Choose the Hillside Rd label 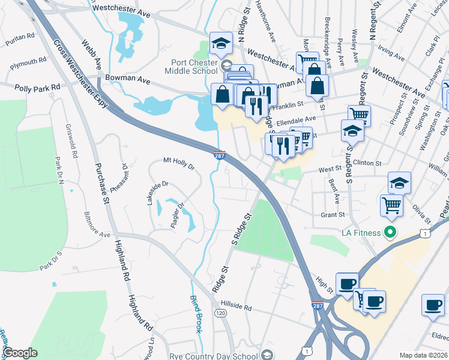(x=235, y=306)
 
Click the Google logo (x=20, y=352)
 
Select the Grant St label (x=332, y=214)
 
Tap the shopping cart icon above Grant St (x=391, y=205)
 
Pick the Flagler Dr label (x=176, y=211)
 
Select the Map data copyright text (x=423, y=355)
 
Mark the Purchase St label (x=97, y=181)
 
